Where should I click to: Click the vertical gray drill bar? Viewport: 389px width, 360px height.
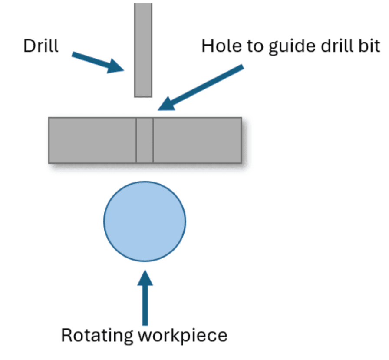click(143, 48)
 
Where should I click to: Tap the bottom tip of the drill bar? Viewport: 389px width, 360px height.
click(143, 95)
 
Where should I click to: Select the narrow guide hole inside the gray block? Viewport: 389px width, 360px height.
click(145, 140)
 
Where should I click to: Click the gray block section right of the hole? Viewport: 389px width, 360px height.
click(197, 140)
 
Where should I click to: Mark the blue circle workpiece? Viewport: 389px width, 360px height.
click(145, 221)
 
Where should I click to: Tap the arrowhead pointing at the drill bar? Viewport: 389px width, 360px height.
click(116, 66)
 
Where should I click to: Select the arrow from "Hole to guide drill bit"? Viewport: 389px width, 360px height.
click(204, 87)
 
